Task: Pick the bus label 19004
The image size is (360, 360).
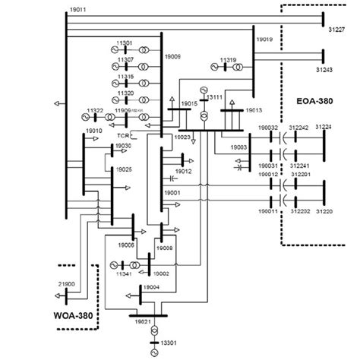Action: click(x=152, y=287)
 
